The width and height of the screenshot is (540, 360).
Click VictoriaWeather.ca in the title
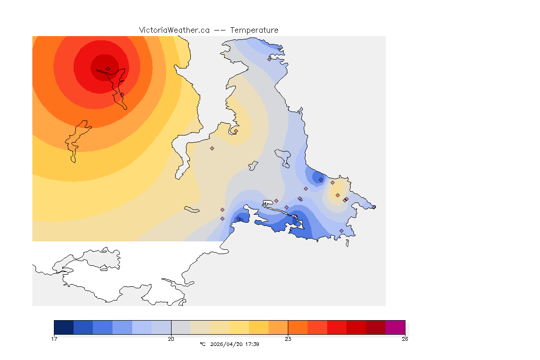pyautogui.click(x=174, y=30)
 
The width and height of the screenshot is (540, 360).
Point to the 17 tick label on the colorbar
pyautogui.click(x=54, y=338)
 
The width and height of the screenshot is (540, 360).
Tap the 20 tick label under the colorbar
pyautogui.click(x=171, y=338)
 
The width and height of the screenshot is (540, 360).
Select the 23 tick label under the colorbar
pyautogui.click(x=288, y=338)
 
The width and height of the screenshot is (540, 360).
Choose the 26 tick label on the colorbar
pyautogui.click(x=405, y=338)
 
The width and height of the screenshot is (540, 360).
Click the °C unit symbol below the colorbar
pyautogui.click(x=202, y=344)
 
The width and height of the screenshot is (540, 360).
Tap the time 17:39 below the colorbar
pyautogui.click(x=252, y=344)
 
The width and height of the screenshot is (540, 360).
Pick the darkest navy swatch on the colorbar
pyautogui.click(x=64, y=327)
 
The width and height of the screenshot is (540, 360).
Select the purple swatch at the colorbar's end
pyautogui.click(x=395, y=327)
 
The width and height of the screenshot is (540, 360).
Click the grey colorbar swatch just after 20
pyautogui.click(x=181, y=327)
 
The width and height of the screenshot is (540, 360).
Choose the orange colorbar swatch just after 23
pyautogui.click(x=298, y=327)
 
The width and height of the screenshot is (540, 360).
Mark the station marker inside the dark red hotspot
pyautogui.click(x=108, y=68)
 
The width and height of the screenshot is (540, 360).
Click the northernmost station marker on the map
pyautogui.click(x=270, y=59)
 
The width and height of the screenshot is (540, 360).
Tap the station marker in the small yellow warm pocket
pyautogui.click(x=337, y=195)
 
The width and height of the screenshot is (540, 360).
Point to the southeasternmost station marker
pyautogui.click(x=341, y=231)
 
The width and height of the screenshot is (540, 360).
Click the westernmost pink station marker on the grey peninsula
pyautogui.click(x=212, y=148)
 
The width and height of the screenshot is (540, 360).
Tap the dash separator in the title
pyautogui.click(x=220, y=30)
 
